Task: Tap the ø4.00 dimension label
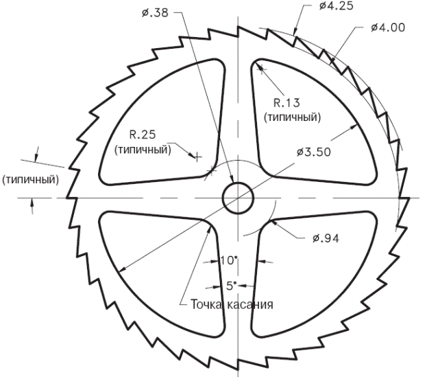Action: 387,27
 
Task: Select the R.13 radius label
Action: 286,103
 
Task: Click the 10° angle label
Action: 228,261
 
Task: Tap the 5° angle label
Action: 230,284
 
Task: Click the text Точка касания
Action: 232,304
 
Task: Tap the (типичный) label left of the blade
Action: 30,179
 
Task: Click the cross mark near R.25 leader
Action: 197,157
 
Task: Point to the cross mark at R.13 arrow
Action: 260,67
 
